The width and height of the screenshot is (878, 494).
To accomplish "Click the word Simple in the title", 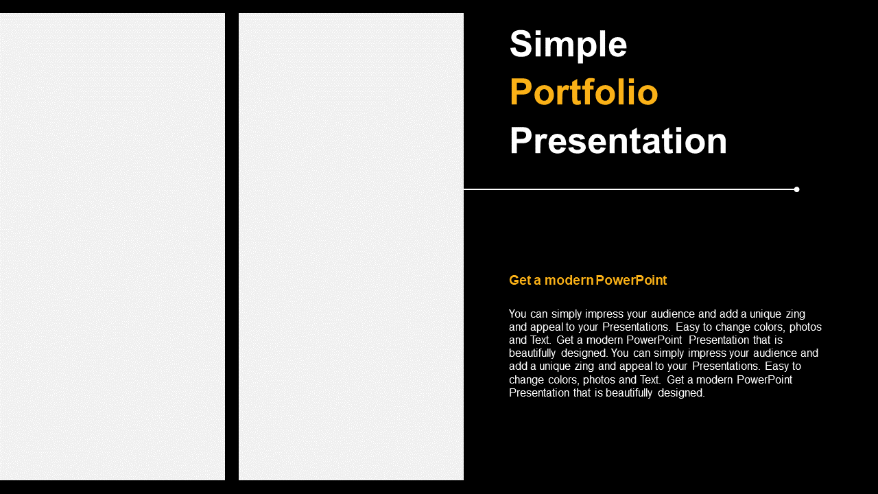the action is tap(568, 45).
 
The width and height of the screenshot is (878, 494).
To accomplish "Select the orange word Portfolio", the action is tap(584, 92).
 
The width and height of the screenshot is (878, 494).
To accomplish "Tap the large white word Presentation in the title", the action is tap(618, 141).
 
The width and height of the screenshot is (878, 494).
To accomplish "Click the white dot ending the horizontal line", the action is tap(796, 189).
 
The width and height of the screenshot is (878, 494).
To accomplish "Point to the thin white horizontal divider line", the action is tap(629, 189).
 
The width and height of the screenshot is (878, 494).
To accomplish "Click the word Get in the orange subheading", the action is tap(520, 281).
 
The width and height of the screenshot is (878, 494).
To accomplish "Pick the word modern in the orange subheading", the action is tap(569, 281).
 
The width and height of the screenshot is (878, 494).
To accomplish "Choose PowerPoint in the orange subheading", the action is tap(631, 281).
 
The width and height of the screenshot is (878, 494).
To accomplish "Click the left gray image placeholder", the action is tap(112, 246).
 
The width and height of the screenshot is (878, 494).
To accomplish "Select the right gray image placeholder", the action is tap(351, 246).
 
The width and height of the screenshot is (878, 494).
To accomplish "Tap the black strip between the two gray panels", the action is tap(232, 246).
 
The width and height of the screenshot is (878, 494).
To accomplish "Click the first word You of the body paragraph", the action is tap(517, 314).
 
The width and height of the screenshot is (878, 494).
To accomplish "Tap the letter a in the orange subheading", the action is tap(537, 281).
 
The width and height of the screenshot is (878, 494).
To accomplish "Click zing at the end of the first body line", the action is tap(795, 314).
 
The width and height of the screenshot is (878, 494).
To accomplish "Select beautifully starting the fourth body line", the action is tap(532, 353).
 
